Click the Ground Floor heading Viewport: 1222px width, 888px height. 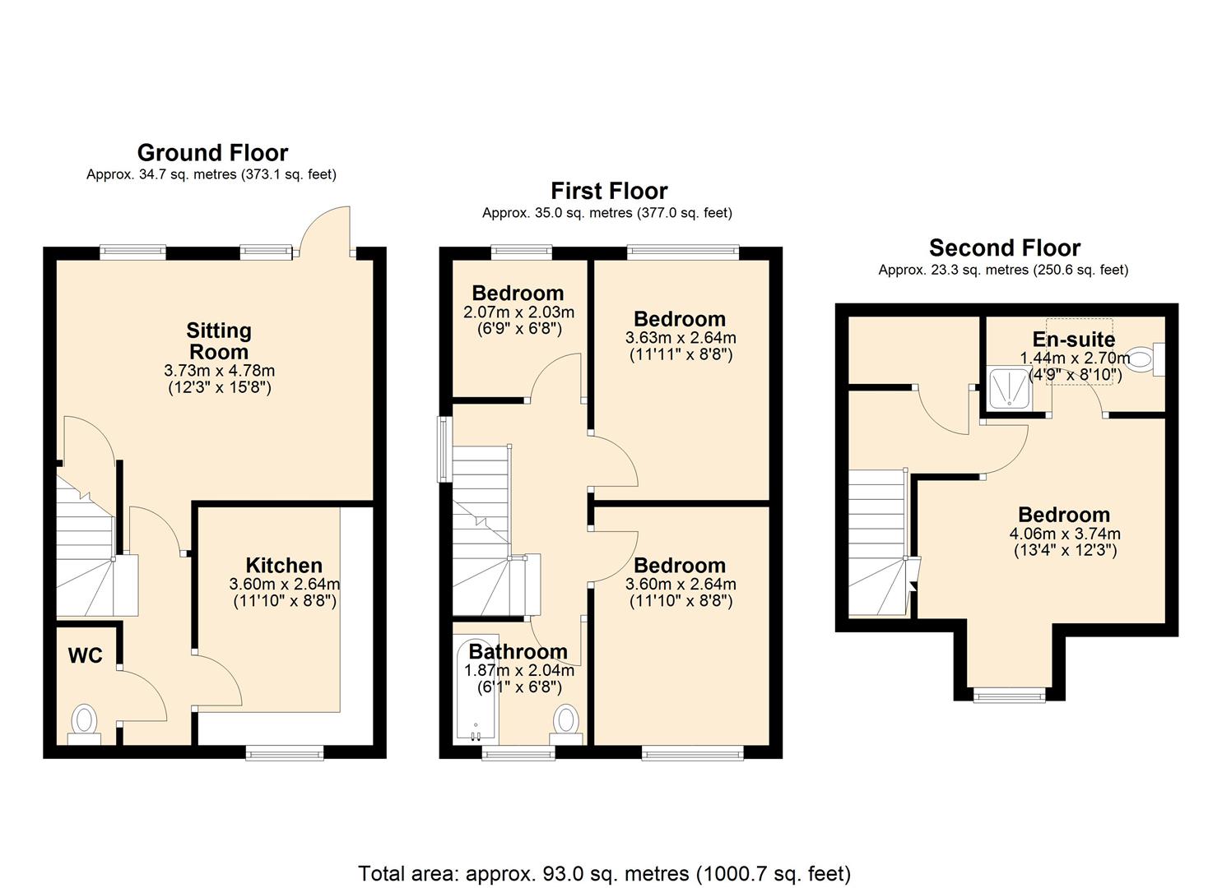(212, 153)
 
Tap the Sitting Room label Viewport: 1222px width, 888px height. (218, 341)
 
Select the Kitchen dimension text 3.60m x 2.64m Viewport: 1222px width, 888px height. (284, 584)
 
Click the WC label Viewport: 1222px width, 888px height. (85, 655)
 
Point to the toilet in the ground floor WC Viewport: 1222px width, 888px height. (84, 723)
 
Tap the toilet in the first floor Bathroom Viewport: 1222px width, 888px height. (565, 723)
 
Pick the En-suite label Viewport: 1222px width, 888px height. (1073, 340)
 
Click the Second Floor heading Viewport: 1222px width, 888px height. (1004, 247)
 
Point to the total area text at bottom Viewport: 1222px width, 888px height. (604, 873)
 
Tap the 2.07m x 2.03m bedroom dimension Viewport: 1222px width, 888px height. (518, 312)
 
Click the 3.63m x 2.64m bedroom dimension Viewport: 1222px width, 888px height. (680, 338)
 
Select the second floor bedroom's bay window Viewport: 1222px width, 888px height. (1010, 696)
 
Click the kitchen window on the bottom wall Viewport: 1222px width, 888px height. (286, 752)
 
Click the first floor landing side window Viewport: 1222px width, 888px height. (444, 449)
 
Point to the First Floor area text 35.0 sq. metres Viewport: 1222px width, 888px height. (606, 213)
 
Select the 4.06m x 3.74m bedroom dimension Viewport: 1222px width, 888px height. (1064, 534)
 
